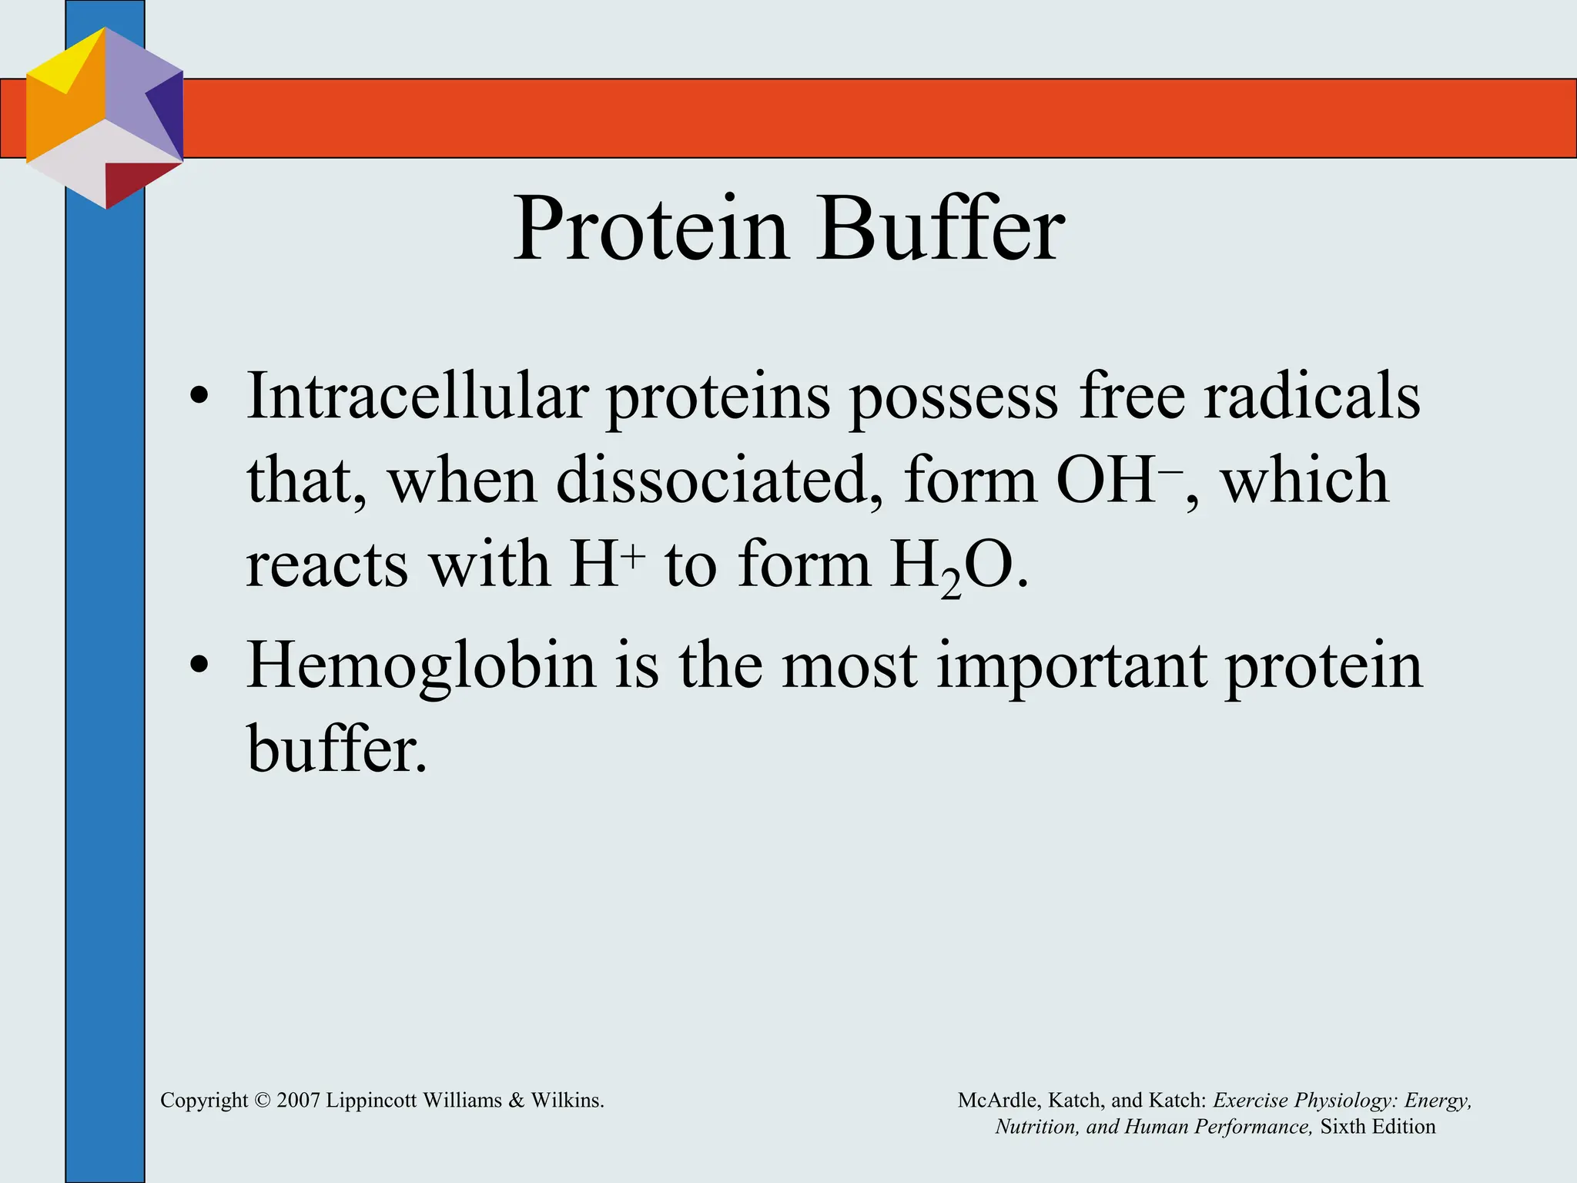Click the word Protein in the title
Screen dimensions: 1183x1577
651,230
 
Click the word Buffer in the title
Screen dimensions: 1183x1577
941,230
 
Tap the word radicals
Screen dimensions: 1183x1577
1311,396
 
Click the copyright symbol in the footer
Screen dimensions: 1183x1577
262,1101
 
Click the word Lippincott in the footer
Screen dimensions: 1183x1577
370,1101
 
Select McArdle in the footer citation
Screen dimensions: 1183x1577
999,1101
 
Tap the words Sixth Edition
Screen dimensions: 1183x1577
1378,1127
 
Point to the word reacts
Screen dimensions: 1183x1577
326,565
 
